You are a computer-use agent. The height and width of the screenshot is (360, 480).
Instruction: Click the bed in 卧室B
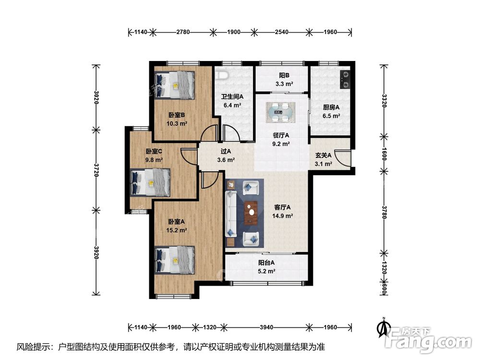pyautogui.click(x=175, y=85)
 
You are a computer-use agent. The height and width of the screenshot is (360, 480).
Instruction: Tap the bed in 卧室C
pyautogui.click(x=150, y=182)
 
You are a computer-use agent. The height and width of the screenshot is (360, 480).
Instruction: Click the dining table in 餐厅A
pyautogui.click(x=281, y=112)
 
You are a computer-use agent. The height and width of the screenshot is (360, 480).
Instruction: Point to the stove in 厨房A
pyautogui.click(x=345, y=80)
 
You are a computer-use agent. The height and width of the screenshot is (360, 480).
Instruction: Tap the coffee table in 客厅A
pyautogui.click(x=251, y=213)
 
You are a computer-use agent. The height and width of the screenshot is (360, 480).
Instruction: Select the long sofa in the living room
pyautogui.click(x=231, y=214)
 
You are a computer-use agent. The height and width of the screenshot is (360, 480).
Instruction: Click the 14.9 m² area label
pyautogui.click(x=283, y=216)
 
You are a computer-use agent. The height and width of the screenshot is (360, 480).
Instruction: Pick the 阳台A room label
pyautogui.click(x=266, y=263)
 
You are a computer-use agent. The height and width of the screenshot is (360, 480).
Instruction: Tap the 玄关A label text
pyautogui.click(x=323, y=156)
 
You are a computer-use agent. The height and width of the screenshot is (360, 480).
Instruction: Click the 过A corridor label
pyautogui.click(x=226, y=151)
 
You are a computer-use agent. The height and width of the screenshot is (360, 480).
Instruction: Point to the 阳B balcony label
pyautogui.click(x=284, y=75)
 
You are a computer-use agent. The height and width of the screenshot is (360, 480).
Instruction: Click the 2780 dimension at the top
pyautogui.click(x=183, y=32)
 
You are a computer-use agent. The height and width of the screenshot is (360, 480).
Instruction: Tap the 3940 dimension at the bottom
pyautogui.click(x=266, y=327)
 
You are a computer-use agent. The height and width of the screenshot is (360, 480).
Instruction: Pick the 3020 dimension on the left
pyautogui.click(x=96, y=97)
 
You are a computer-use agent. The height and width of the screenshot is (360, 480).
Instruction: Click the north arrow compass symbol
pyautogui.click(x=383, y=327)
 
